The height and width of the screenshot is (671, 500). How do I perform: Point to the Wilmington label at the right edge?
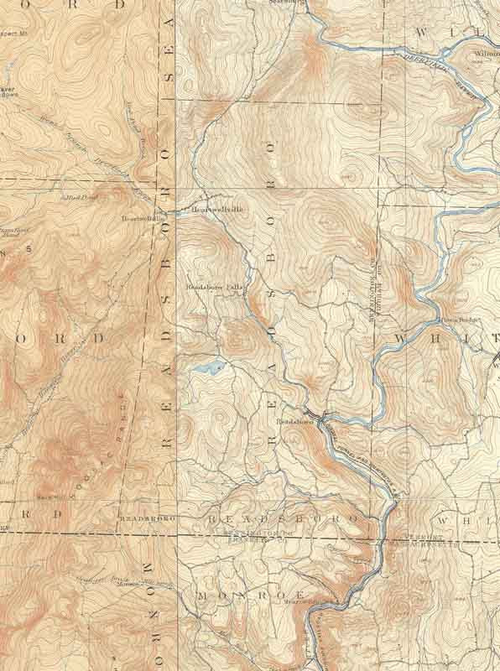(x=487, y=51)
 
